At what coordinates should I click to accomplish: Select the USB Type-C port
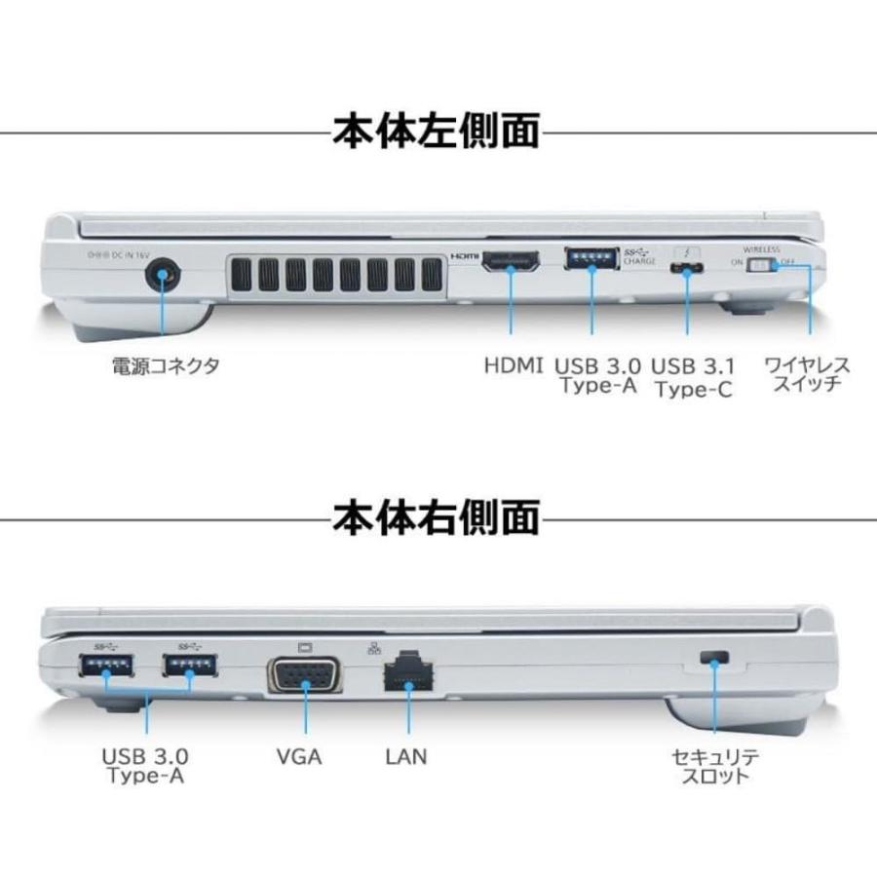pyautogui.click(x=688, y=268)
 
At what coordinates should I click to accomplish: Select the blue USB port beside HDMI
pyautogui.click(x=591, y=259)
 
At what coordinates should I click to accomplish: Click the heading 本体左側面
pyautogui.click(x=437, y=131)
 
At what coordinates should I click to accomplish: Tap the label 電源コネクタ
pyautogui.click(x=165, y=366)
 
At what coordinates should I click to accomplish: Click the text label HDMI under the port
pyautogui.click(x=513, y=366)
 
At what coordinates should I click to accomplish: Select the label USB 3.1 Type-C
pyautogui.click(x=693, y=377)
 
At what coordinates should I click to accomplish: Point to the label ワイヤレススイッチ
pyautogui.click(x=807, y=375)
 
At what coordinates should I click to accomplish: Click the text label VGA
pyautogui.click(x=299, y=756)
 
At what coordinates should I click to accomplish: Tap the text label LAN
pyautogui.click(x=405, y=756)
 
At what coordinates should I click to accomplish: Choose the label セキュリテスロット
pyautogui.click(x=714, y=766)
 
